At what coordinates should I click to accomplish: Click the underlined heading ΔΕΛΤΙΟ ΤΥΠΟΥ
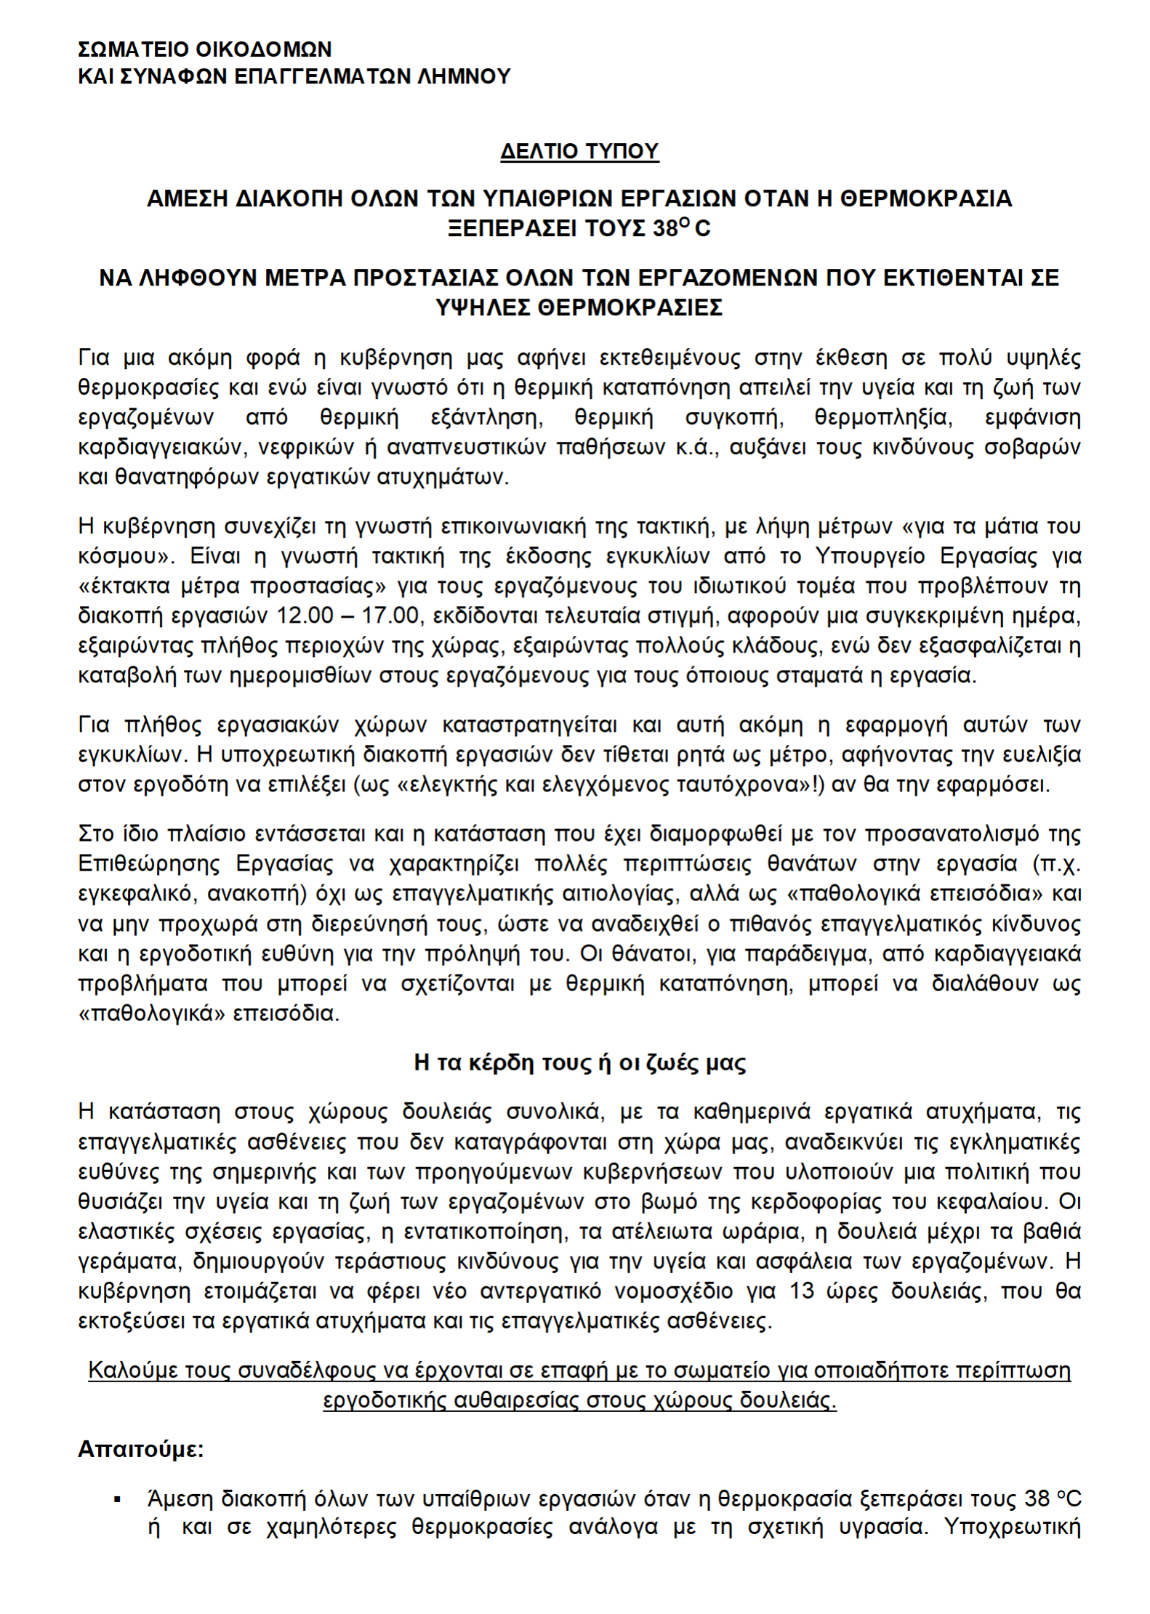579,151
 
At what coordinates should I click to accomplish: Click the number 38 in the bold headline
664,229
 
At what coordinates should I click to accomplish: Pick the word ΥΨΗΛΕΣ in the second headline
482,308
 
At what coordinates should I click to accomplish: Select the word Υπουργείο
869,557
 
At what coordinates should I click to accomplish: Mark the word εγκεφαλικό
136,894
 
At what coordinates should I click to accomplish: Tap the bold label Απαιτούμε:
141,1450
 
